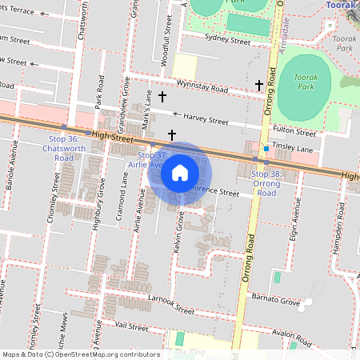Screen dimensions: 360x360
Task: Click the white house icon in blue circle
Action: [180, 173]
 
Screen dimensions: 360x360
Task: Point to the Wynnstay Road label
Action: [203, 85]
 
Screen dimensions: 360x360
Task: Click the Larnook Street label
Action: [171, 303]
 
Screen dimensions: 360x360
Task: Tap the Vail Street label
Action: [132, 326]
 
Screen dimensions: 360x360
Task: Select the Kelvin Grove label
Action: [178, 238]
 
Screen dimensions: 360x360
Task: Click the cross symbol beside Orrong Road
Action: [258, 85]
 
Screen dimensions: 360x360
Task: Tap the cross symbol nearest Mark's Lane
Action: [162, 97]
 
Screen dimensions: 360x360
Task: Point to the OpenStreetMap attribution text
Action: [79, 354]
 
